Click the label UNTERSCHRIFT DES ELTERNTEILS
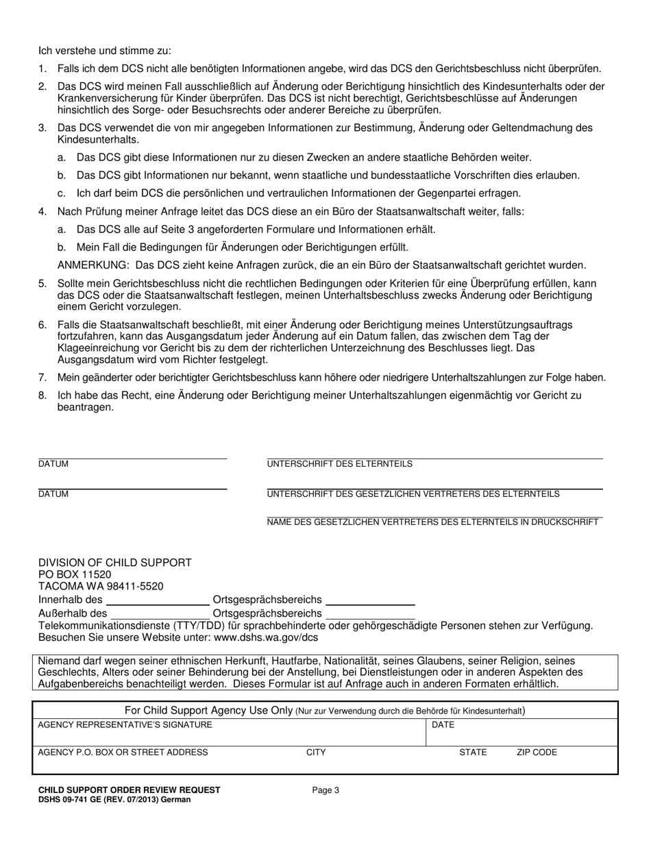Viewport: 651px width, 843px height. click(x=339, y=465)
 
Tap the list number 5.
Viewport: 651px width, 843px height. click(x=42, y=284)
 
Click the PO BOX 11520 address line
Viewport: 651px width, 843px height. click(x=75, y=574)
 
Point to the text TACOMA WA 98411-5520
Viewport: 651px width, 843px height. click(x=101, y=587)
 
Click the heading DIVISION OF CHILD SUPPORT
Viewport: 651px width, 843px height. click(x=115, y=563)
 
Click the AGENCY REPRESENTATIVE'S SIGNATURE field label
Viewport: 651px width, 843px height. click(x=125, y=725)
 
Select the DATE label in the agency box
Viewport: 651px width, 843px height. click(x=442, y=725)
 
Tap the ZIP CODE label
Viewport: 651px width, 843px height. click(x=537, y=753)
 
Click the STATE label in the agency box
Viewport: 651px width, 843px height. click(x=473, y=753)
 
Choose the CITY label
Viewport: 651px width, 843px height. click(x=316, y=753)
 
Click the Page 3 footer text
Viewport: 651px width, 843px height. click(x=325, y=790)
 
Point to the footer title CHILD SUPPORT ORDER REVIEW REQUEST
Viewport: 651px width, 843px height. click(x=129, y=790)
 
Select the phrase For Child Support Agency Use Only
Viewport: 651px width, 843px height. click(x=208, y=710)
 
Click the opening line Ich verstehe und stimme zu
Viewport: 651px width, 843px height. click(x=104, y=51)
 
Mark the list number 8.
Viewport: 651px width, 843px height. click(x=42, y=395)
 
